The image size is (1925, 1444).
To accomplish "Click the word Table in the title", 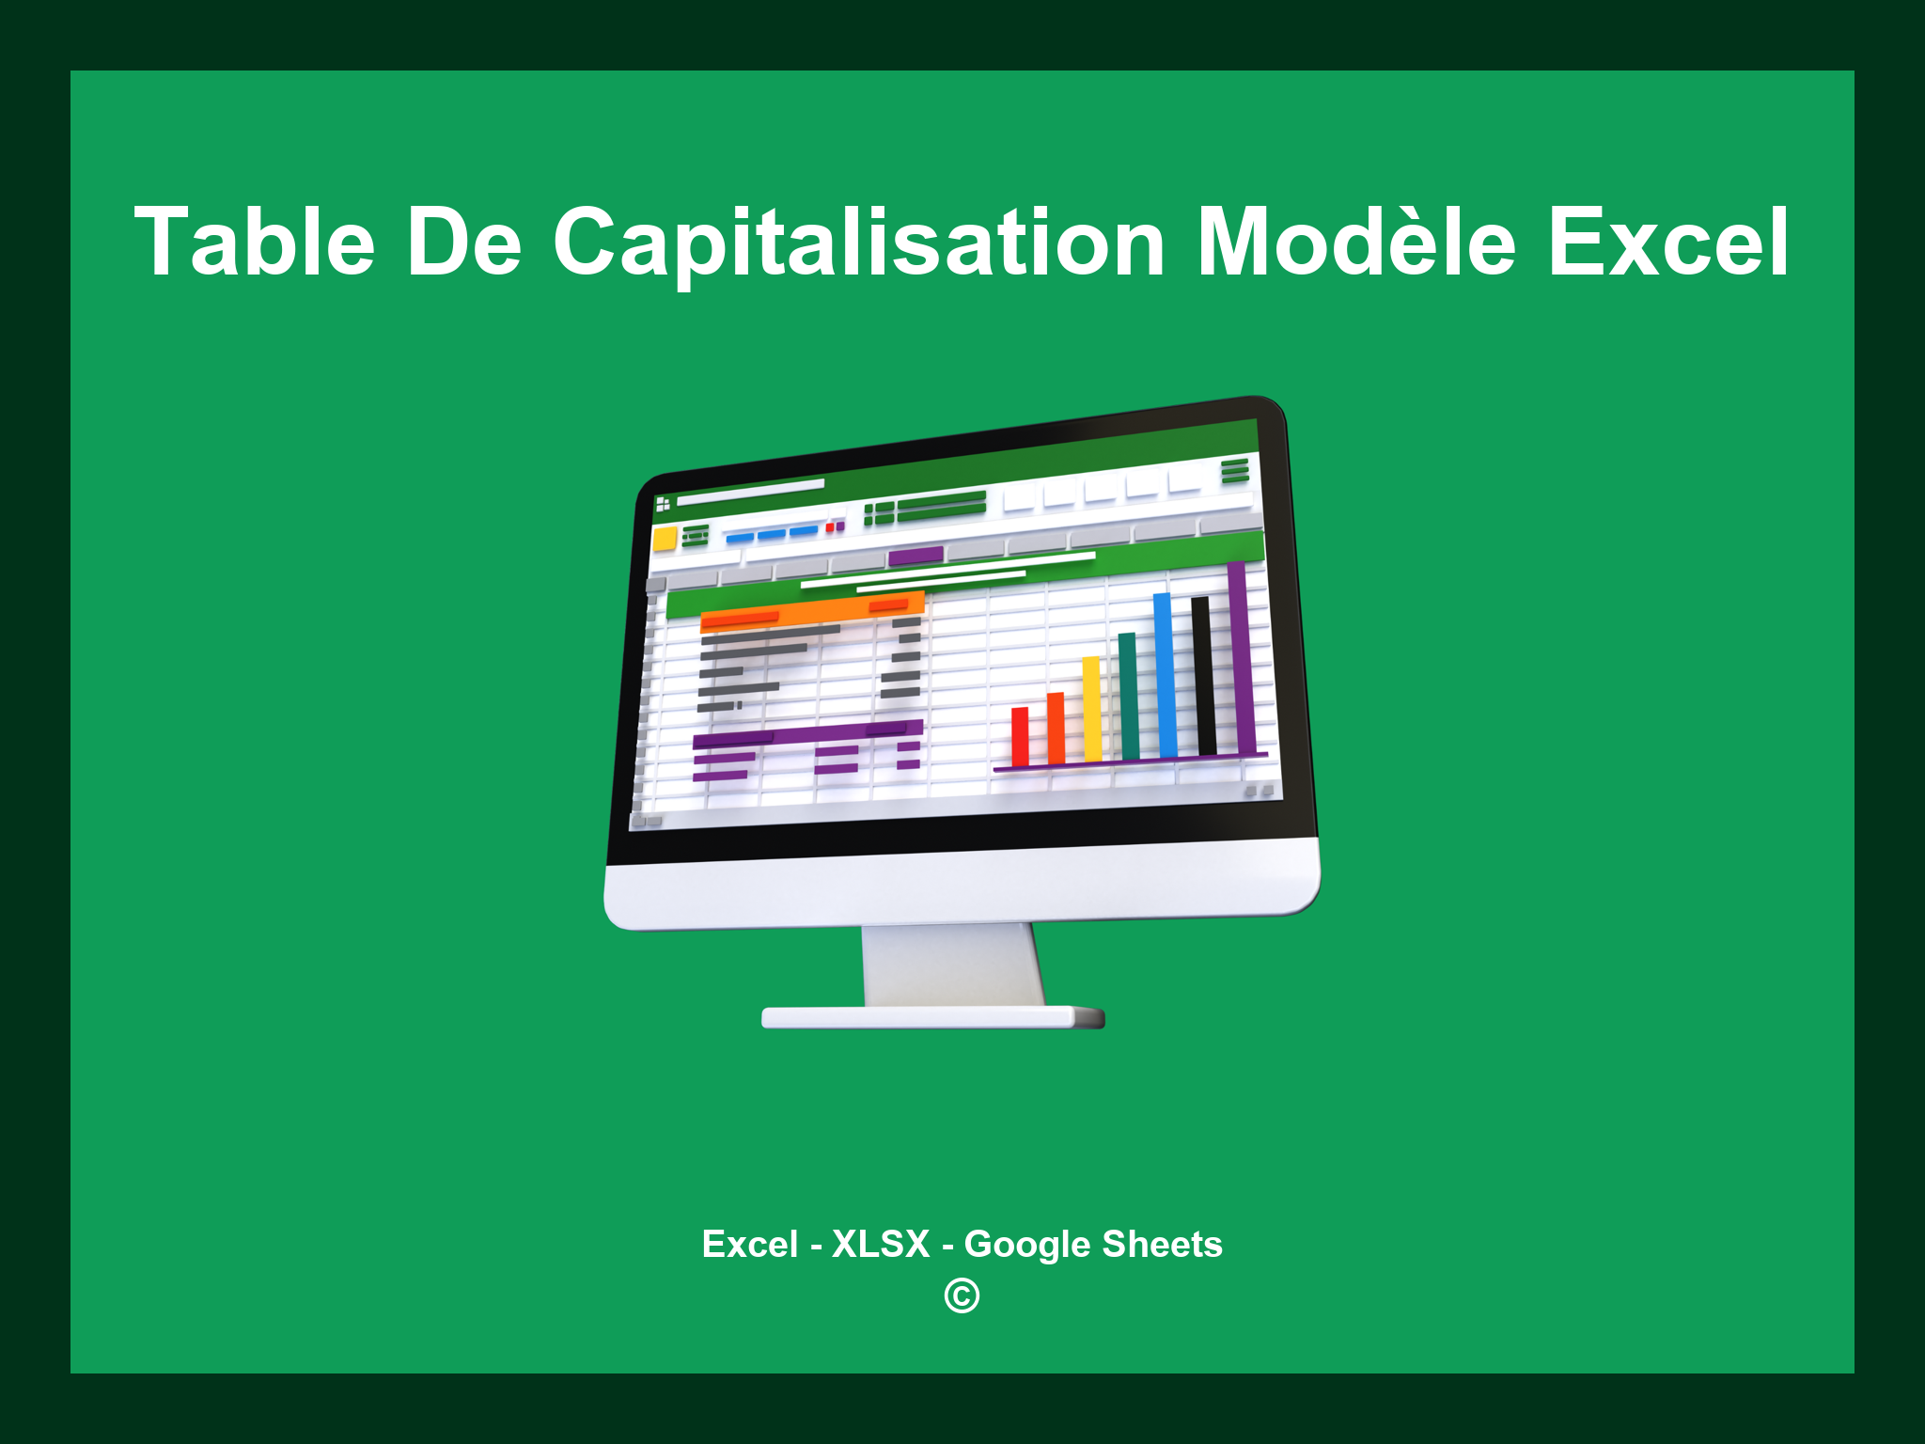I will (255, 243).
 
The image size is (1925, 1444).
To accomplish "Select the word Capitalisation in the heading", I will (859, 243).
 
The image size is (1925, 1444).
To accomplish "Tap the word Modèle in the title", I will (1355, 243).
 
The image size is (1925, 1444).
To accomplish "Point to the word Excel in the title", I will (1667, 243).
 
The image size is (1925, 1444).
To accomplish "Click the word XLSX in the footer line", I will (880, 1244).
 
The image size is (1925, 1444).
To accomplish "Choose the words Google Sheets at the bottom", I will (1093, 1244).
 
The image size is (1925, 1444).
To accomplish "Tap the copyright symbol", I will (962, 1295).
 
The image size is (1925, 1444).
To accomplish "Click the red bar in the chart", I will (1020, 736).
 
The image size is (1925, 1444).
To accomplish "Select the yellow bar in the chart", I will (1091, 709).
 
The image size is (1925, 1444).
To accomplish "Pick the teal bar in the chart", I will (1128, 696).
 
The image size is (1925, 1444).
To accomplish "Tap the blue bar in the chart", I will (1165, 674).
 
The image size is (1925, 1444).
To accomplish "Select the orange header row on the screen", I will (812, 612).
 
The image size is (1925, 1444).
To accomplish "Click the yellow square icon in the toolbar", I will (665, 539).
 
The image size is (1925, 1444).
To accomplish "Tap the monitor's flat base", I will (932, 1017).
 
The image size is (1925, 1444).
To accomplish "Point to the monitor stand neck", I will (951, 964).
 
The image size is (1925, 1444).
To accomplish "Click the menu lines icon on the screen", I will (1235, 470).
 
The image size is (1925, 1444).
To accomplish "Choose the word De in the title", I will (463, 243).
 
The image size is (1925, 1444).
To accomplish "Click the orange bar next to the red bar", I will (1056, 728).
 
